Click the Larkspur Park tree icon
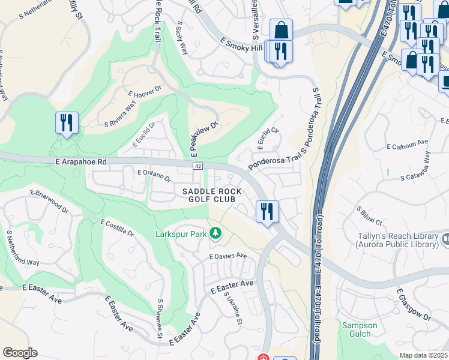215,234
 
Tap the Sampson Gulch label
360,329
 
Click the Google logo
20,353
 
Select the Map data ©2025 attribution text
423,355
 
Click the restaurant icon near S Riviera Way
67,123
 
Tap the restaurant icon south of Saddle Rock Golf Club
267,211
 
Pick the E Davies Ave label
228,256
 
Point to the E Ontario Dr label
154,175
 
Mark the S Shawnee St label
160,318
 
